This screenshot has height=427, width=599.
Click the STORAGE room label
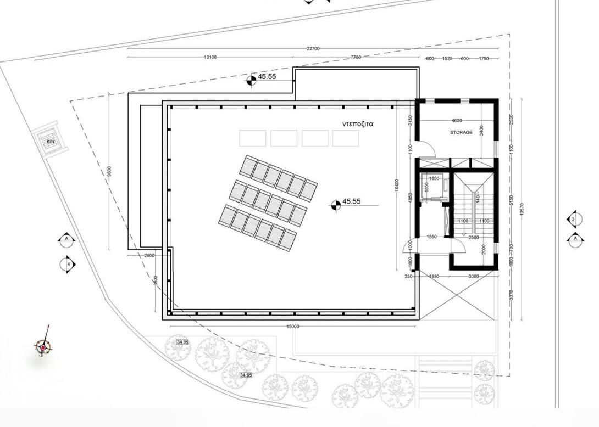[461, 132]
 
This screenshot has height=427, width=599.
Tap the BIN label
[51, 142]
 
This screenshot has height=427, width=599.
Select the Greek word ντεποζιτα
[358, 124]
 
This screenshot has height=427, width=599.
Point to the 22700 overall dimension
[313, 48]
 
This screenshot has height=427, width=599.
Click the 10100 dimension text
[210, 57]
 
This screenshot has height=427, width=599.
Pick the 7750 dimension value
[356, 57]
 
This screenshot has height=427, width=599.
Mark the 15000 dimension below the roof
[293, 327]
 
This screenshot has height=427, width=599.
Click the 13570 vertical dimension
[522, 209]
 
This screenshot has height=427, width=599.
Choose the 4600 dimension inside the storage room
[456, 120]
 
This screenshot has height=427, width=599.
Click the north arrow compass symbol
[43, 346]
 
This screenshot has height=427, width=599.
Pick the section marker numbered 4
[67, 264]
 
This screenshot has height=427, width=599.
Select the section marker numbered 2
[574, 220]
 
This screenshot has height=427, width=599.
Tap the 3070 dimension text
[511, 295]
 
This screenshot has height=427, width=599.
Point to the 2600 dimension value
[149, 255]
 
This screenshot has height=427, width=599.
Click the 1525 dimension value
[447, 59]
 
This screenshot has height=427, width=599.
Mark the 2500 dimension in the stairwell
[473, 238]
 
